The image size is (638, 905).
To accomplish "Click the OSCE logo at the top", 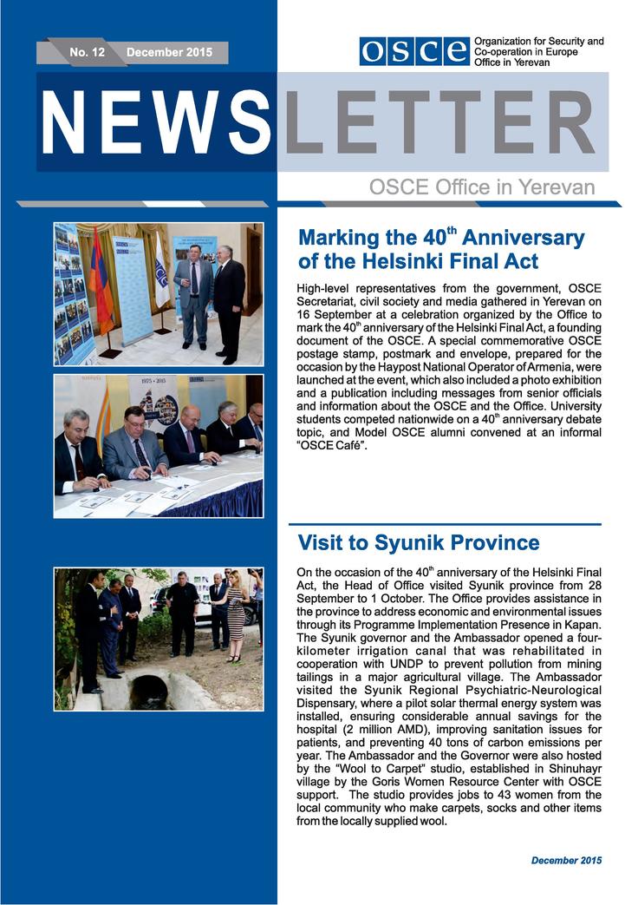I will click(414, 51).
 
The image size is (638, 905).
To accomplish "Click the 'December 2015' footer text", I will click(566, 860).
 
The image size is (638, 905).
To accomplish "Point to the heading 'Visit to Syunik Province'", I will click(418, 543).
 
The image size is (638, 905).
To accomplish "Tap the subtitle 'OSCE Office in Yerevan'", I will click(482, 187).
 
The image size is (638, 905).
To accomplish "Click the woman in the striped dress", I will click(235, 616).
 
